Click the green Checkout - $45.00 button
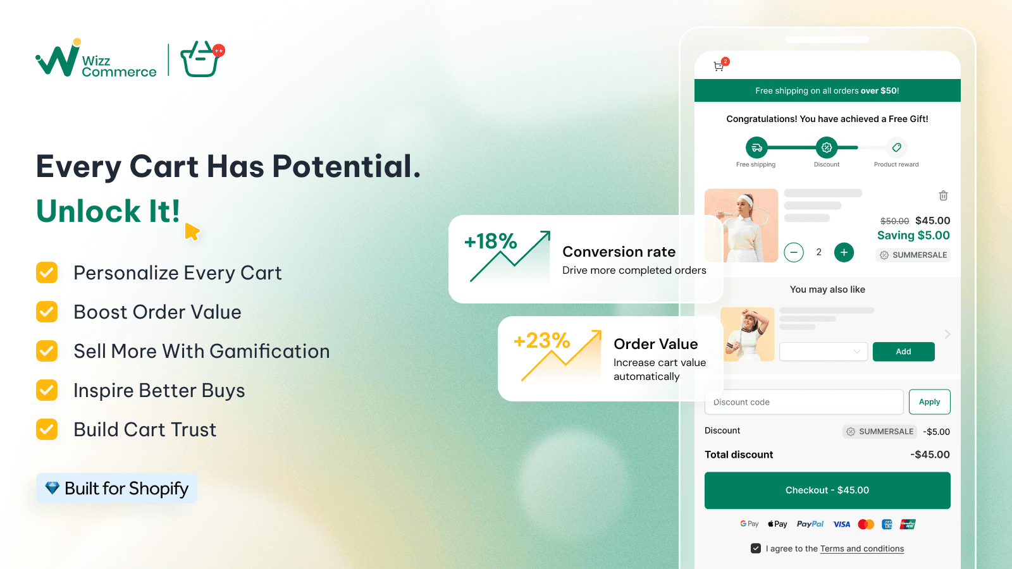coord(827,491)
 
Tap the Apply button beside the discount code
coord(929,402)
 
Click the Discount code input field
coord(804,402)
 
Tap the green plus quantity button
coord(844,252)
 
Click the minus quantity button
coord(794,252)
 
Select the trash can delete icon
coord(943,195)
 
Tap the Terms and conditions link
coord(862,549)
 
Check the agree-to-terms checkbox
coord(755,548)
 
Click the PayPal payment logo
coord(810,524)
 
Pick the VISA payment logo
coord(842,524)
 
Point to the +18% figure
coord(491,241)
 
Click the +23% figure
coord(541,341)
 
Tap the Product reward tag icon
coord(896,147)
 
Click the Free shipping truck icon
coord(756,147)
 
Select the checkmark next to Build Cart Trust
coord(47,429)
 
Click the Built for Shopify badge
coord(116,488)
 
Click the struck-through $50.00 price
coord(894,221)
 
